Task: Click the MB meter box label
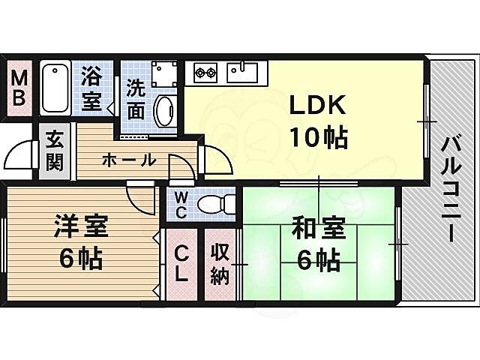pyautogui.click(x=20, y=88)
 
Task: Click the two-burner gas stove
pyautogui.click(x=205, y=73)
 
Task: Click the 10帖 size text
pyautogui.click(x=319, y=137)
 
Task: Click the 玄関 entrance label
pyautogui.click(x=53, y=151)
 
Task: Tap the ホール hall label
pyautogui.click(x=127, y=160)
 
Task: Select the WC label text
pyautogui.click(x=181, y=203)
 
